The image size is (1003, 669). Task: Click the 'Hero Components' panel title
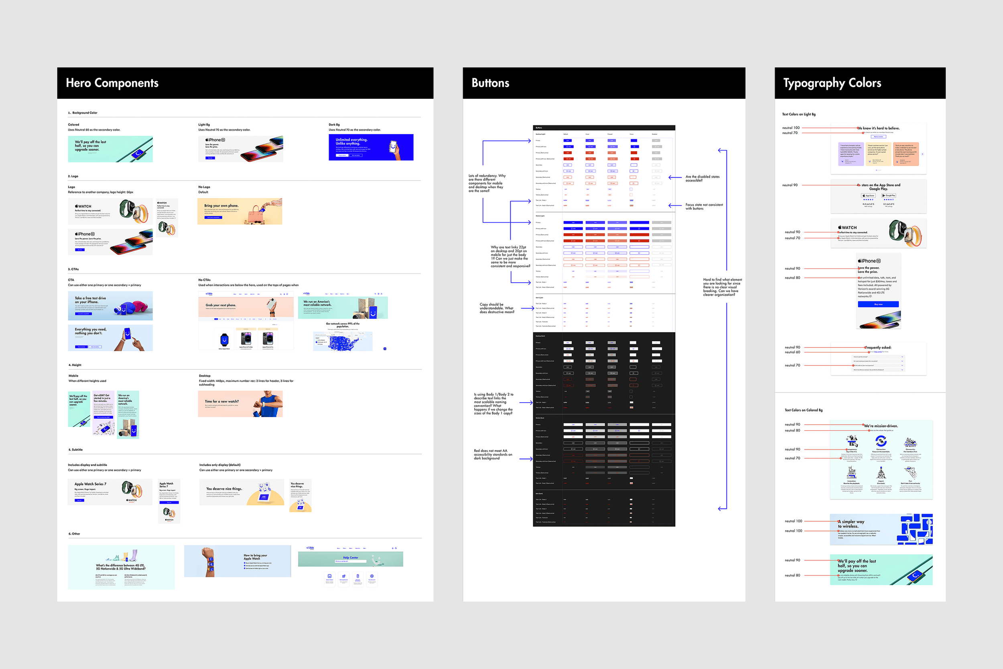[x=112, y=83]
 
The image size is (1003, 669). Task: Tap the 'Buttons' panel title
[x=490, y=83]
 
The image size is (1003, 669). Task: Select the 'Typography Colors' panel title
[x=832, y=83]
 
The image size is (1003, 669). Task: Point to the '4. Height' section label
[x=75, y=365]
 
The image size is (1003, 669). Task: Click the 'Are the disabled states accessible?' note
[x=703, y=178]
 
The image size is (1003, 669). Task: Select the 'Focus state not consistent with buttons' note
[x=704, y=207]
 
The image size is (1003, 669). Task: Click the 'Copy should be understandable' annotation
[x=497, y=308]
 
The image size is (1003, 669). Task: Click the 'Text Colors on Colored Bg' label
[x=804, y=410]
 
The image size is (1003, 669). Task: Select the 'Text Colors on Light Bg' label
[x=799, y=114]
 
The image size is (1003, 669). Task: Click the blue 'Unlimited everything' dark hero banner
[x=371, y=148]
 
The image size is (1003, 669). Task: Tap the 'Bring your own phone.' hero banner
[x=240, y=211]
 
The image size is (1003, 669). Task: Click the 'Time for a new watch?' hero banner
[x=240, y=404]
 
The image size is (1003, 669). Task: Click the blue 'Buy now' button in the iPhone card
[x=878, y=304]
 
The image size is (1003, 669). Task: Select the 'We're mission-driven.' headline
[x=881, y=426]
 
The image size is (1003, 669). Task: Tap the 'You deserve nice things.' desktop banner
[x=242, y=492]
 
